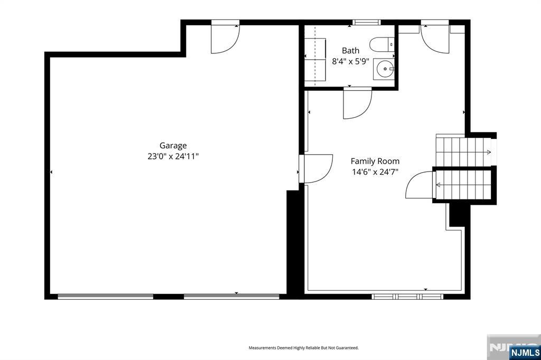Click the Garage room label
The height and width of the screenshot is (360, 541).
pos(173,146)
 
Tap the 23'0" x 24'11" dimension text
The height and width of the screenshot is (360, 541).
pos(173,157)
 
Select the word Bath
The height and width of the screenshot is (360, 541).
pos(351,51)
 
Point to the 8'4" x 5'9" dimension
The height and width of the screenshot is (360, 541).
pos(351,62)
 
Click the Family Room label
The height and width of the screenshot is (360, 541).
pos(375,161)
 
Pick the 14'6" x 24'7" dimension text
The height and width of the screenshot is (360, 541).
pos(375,172)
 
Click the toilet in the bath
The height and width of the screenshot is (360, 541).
pos(381,44)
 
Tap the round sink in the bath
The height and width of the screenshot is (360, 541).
pos(384,69)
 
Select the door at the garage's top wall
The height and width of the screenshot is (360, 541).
pos(225,37)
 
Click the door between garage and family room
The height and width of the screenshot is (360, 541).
pos(316,168)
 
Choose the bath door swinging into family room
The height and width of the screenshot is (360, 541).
pos(358,103)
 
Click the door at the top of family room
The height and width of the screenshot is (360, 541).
pos(435,36)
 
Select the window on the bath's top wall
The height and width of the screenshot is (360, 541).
pos(367,22)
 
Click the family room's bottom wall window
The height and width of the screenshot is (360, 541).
pos(407,297)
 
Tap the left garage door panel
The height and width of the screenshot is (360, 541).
pos(106,297)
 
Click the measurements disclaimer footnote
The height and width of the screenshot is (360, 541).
pos(304,348)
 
